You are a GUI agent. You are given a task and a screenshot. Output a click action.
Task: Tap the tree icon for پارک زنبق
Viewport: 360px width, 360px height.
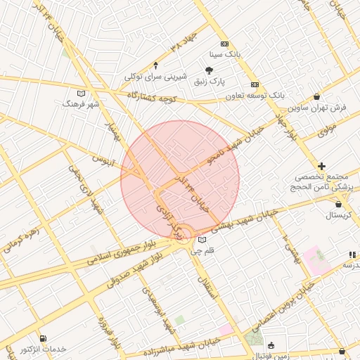(x=209, y=70)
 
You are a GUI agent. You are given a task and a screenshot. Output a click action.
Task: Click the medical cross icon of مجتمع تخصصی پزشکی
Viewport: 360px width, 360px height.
(x=321, y=167)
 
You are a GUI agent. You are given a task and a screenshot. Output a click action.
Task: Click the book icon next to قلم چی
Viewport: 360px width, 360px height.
(x=202, y=240)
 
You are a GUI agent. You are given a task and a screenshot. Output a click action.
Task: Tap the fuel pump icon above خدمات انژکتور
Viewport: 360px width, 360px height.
(x=44, y=338)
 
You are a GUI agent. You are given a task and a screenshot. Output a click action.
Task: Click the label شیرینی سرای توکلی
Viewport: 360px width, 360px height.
(x=154, y=76)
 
